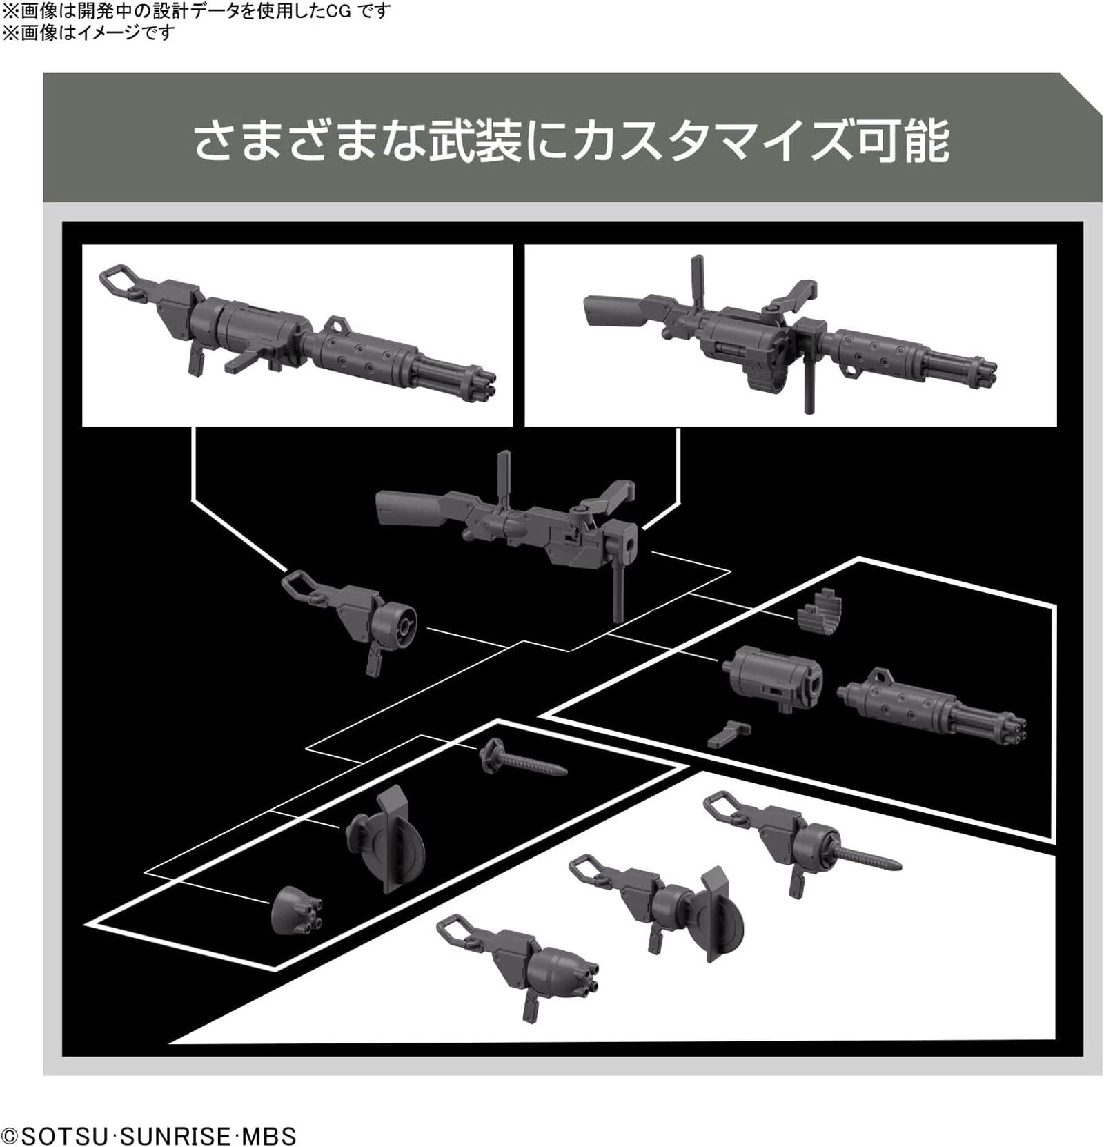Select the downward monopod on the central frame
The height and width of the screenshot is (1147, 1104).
tap(619, 587)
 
